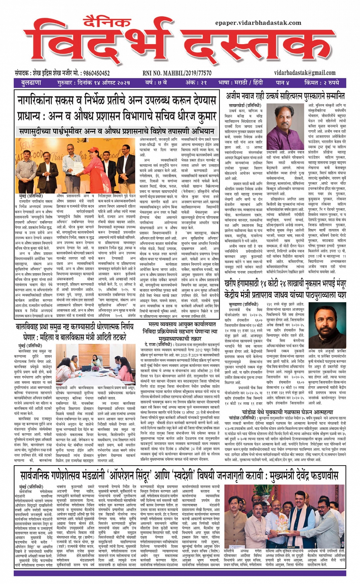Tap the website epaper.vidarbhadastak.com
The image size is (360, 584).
(258, 23)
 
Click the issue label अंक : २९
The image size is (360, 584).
(196, 82)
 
